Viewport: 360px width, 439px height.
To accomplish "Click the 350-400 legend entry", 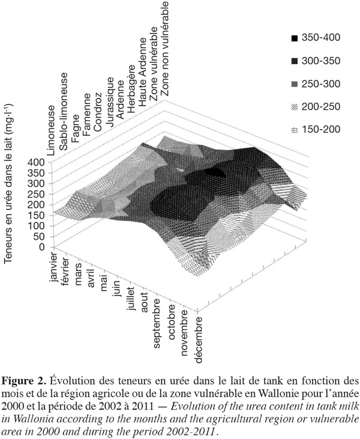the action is click(316, 38).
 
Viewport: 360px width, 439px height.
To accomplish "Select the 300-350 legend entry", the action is click(316, 61).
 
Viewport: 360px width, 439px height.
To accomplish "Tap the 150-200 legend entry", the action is click(316, 130).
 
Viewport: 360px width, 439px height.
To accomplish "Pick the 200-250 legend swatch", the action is click(295, 107).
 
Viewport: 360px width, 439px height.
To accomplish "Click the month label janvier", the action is click(53, 267).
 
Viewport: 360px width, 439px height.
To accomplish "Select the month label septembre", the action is click(157, 323).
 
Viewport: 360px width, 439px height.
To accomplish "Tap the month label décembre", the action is click(198, 340).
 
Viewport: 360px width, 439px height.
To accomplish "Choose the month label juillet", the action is click(130, 298).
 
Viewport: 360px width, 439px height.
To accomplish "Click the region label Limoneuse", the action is click(50, 130).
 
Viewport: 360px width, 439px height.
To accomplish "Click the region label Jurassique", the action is click(110, 103).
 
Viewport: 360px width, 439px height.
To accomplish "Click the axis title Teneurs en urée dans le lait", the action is click(8, 183).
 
